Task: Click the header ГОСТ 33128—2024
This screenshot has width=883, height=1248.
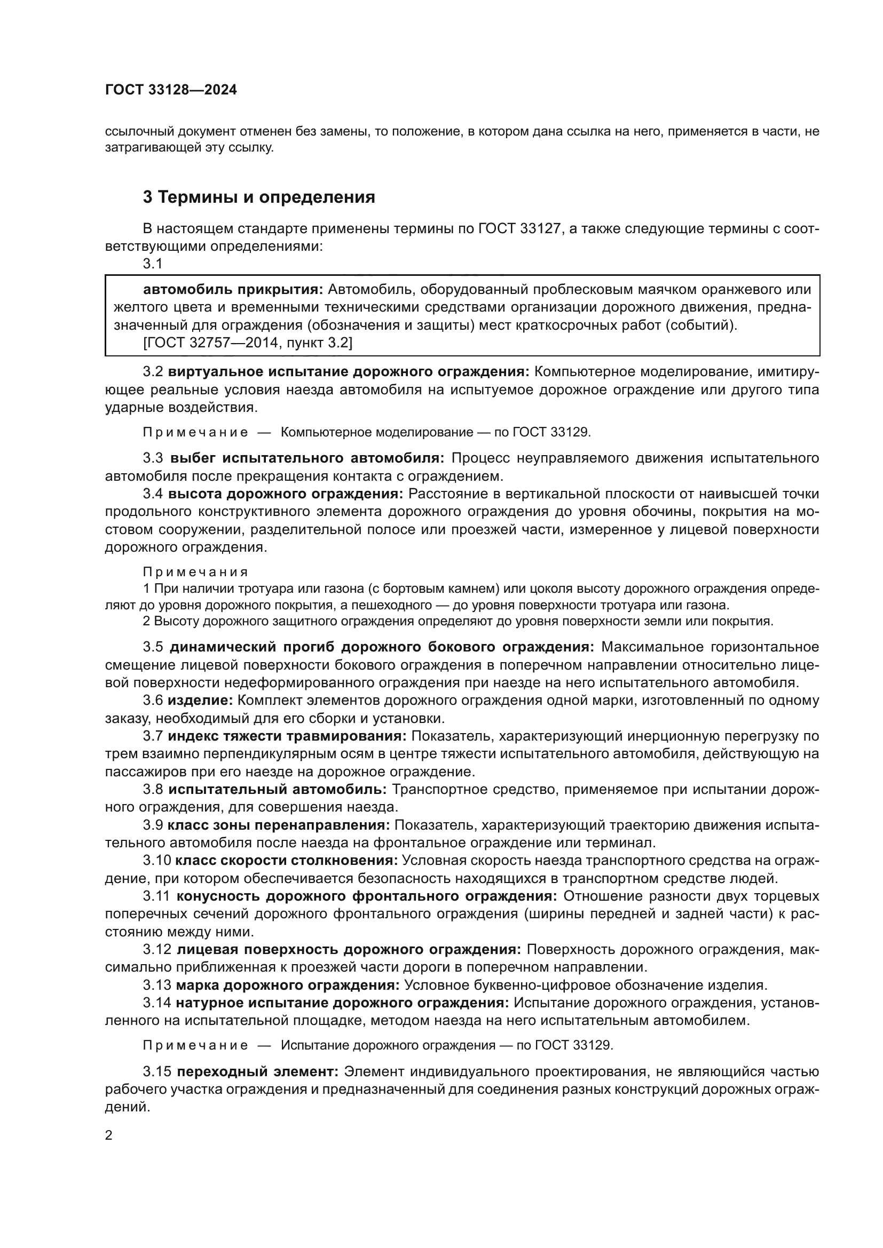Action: [171, 90]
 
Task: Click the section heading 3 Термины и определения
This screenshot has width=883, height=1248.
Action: [259, 197]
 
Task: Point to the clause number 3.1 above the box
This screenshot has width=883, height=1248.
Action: [153, 264]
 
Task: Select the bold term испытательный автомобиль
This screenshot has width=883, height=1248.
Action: [277, 789]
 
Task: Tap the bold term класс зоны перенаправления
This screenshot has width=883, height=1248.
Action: [278, 825]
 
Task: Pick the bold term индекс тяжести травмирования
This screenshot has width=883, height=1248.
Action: [287, 736]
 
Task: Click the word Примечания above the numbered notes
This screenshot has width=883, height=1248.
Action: [196, 572]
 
